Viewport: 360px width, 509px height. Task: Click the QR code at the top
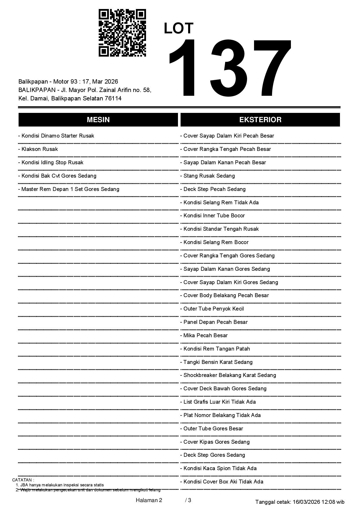coord(122,33)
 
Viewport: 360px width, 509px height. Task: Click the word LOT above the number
coord(179,28)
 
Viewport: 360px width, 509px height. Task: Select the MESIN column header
coord(98,120)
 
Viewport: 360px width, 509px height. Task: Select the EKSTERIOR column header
coord(260,120)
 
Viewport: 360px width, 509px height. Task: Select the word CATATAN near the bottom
coord(23,480)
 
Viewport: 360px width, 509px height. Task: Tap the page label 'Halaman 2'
coord(149,500)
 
